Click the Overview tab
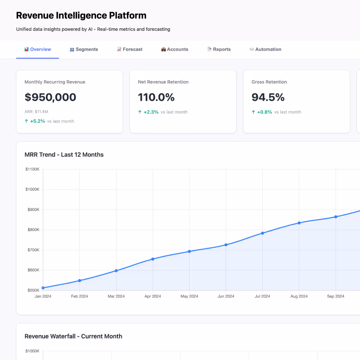[38, 49]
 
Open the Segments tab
[84, 49]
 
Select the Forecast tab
[130, 49]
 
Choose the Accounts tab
[175, 49]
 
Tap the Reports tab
[219, 49]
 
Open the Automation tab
[265, 49]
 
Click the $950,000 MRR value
[51, 97]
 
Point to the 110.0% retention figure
[156, 97]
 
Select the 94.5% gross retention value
[268, 97]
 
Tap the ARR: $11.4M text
[36, 112]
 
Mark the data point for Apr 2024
[153, 259]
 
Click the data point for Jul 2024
[263, 233]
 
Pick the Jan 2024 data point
[43, 288]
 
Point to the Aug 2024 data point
[299, 223]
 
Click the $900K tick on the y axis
[33, 210]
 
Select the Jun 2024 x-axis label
[226, 296]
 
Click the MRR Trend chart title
[64, 154]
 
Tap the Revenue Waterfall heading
[73, 336]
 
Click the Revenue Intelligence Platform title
[81, 15]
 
